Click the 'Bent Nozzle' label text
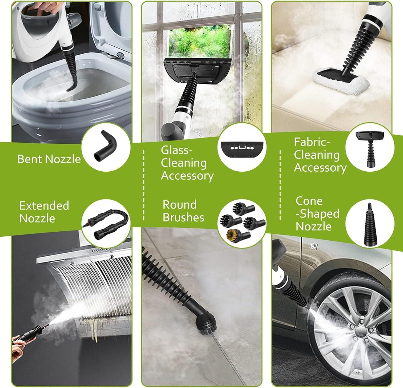49,159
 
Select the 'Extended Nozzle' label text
44,212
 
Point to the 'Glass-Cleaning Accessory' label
187,163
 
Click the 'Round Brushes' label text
183,211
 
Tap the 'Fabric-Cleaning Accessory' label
320,155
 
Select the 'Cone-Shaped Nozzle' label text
317,214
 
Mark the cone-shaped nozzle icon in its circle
370,225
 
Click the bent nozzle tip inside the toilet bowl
70,88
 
